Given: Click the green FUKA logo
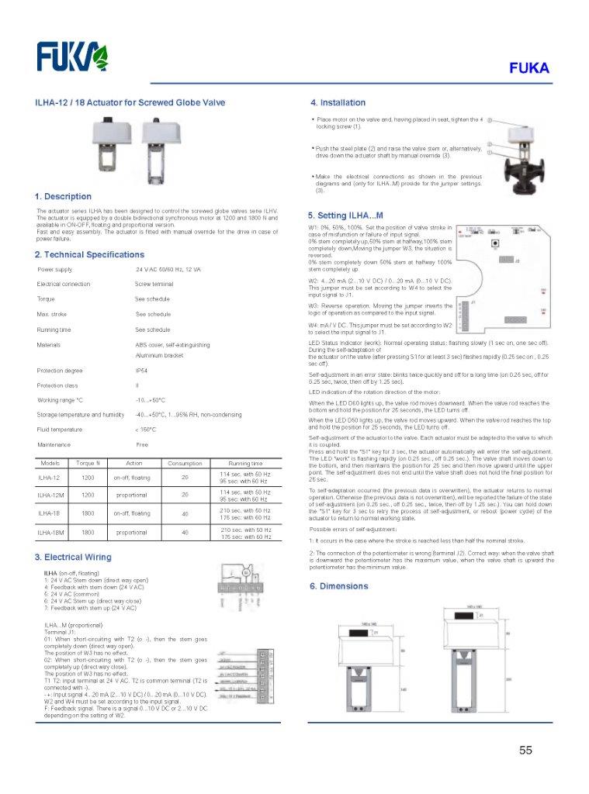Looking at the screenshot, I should coord(73,57).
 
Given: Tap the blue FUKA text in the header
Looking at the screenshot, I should coord(529,68).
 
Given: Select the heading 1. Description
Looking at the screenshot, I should coord(63,196).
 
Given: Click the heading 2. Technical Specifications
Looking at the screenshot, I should coord(89,254).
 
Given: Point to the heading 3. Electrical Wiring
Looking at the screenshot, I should coord(73,557).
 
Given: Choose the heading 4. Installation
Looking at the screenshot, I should coord(338,102).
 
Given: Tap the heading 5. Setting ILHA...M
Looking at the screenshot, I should coord(345,215).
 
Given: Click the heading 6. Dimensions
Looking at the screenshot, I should coord(339,585).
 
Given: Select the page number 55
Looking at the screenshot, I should coord(526,750).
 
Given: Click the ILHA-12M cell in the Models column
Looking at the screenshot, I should coord(51,494).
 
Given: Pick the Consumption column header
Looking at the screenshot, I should coord(185,463).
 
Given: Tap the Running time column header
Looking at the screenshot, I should coord(244,463).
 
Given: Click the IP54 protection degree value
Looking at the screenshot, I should coord(141,371).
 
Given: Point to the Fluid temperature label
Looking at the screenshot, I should coord(60,429).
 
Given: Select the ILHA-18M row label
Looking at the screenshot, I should coord(51,532).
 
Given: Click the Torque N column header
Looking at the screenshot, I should coord(88,463).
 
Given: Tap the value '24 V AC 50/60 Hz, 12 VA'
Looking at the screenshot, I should coord(168,269).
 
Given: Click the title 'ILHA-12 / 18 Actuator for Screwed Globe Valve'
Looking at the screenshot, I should coord(130,102).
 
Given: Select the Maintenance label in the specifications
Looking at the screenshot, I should coord(54,444).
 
